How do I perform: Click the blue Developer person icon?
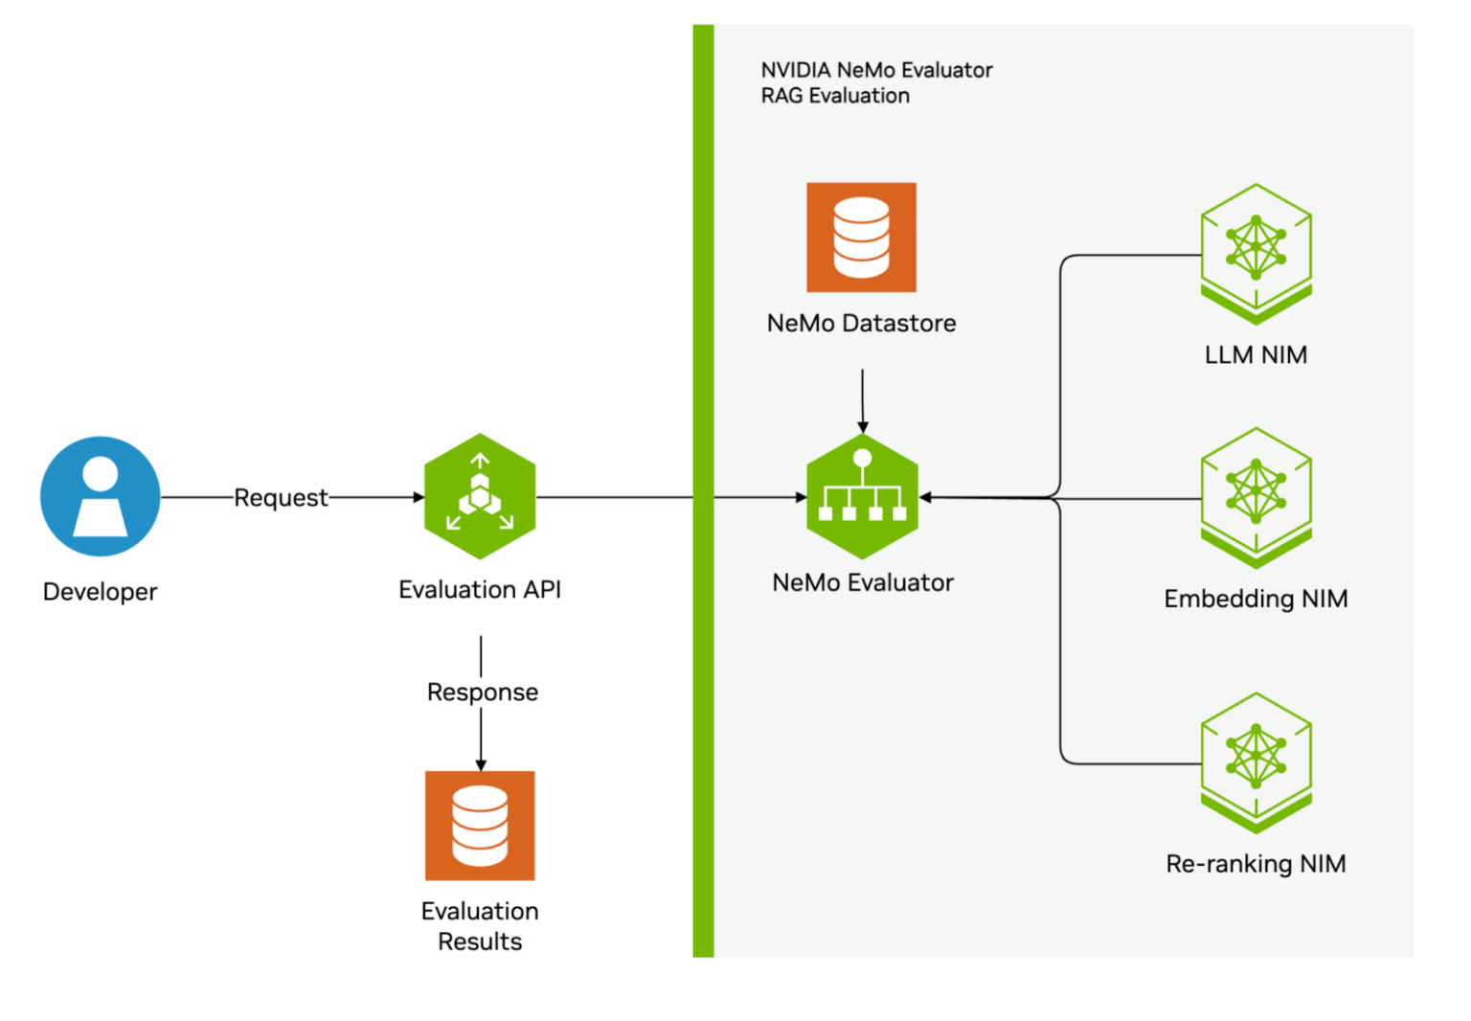[100, 496]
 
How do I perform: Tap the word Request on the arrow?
[281, 498]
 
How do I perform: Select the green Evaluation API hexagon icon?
[480, 496]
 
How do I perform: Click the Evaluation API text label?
[480, 589]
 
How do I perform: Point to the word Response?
[482, 692]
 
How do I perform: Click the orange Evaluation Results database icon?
[480, 825]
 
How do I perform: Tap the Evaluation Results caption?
[480, 925]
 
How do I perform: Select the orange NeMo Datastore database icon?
[861, 237]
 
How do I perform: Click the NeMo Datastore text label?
[861, 323]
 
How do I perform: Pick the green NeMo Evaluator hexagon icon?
[862, 496]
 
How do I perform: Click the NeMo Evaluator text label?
[862, 582]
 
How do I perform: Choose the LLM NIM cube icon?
[1256, 251]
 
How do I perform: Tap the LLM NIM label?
[1256, 354]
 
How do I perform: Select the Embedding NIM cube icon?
[1256, 494]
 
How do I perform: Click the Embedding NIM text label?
[1256, 599]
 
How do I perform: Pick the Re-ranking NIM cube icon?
[1256, 760]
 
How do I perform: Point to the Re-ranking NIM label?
[1256, 864]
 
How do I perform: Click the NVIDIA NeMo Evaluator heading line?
[876, 70]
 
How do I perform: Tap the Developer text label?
[100, 591]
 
